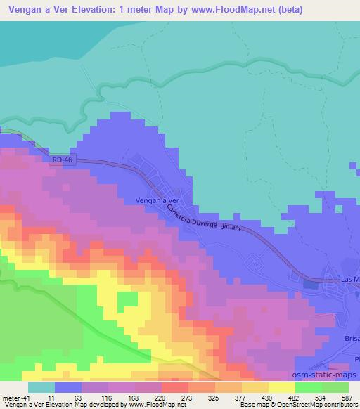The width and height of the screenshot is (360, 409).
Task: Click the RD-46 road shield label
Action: tap(62, 161)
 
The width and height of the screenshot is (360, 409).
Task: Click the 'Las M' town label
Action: tap(349, 280)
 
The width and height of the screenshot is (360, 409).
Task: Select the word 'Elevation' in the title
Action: tap(91, 8)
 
